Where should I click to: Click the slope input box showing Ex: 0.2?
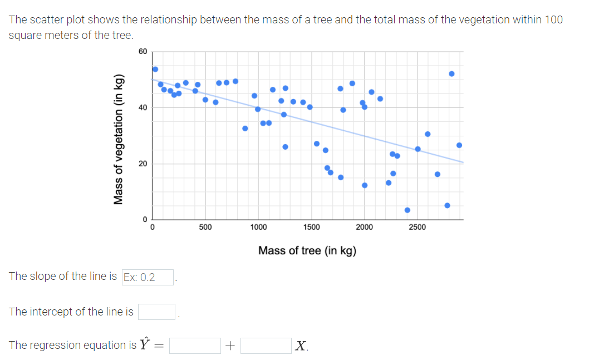pos(148,277)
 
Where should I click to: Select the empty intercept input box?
pos(157,312)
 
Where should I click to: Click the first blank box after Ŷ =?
pos(195,346)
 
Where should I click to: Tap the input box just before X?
pos(266,346)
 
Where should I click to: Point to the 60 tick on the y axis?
pos(143,52)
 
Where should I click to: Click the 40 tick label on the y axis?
pos(143,107)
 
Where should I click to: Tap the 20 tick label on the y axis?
pos(143,164)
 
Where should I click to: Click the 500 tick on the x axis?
pos(205,228)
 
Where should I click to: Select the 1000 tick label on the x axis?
pos(258,228)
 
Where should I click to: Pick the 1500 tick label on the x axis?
pos(311,228)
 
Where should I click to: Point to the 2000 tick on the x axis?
pos(364,228)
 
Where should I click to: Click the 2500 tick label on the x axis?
pos(417,228)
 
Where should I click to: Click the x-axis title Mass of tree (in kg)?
pos(307,251)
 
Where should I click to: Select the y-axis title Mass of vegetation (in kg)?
pos(118,139)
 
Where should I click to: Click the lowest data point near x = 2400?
pos(407,210)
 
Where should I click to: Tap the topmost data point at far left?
pos(155,69)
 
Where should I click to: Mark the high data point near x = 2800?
pos(451,73)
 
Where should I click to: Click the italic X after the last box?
pos(301,346)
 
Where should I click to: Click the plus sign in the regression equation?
pos(230,346)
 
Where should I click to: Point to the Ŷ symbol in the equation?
pos(145,344)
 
